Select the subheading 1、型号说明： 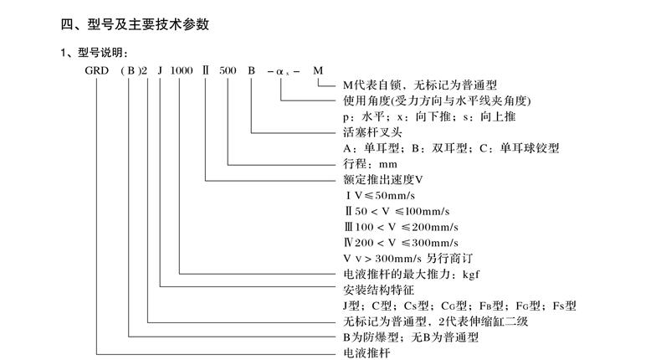tap(91, 53)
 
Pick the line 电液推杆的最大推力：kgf tap(410, 273)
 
